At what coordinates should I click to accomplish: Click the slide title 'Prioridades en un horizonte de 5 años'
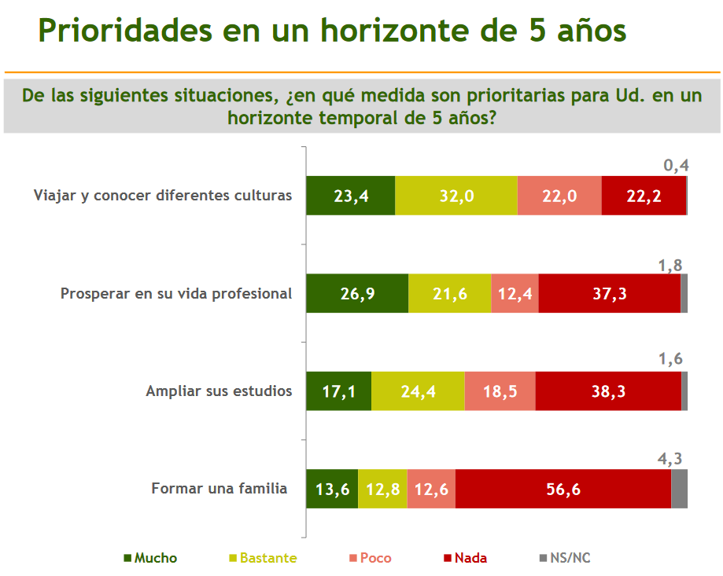[332, 31]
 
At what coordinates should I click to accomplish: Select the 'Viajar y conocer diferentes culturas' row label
[163, 196]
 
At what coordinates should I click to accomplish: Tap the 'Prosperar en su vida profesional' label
[176, 294]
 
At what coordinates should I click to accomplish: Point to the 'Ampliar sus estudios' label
[219, 391]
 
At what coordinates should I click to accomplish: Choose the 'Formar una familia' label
[219, 489]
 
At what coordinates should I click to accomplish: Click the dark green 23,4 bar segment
[350, 196]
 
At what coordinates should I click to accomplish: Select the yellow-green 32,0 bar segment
[456, 196]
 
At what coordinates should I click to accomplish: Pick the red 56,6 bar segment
[563, 489]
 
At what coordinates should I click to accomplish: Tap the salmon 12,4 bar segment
[515, 294]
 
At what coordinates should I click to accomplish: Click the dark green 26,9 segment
[356, 294]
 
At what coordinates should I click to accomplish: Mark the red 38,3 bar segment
[608, 391]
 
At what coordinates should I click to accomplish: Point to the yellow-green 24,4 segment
[418, 391]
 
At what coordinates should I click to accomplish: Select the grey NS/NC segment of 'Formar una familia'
[679, 489]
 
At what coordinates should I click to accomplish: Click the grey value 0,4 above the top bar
[677, 166]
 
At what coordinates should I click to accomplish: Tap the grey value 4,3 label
[671, 458]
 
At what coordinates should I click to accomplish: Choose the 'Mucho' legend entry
[150, 558]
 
